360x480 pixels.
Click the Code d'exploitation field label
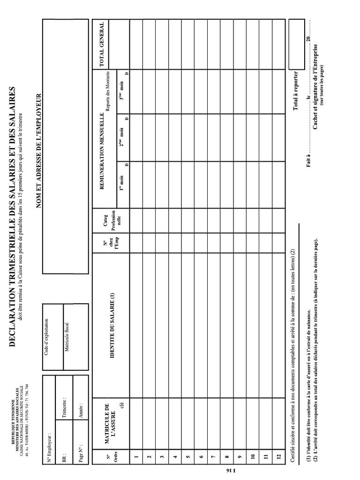[x=46, y=337]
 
